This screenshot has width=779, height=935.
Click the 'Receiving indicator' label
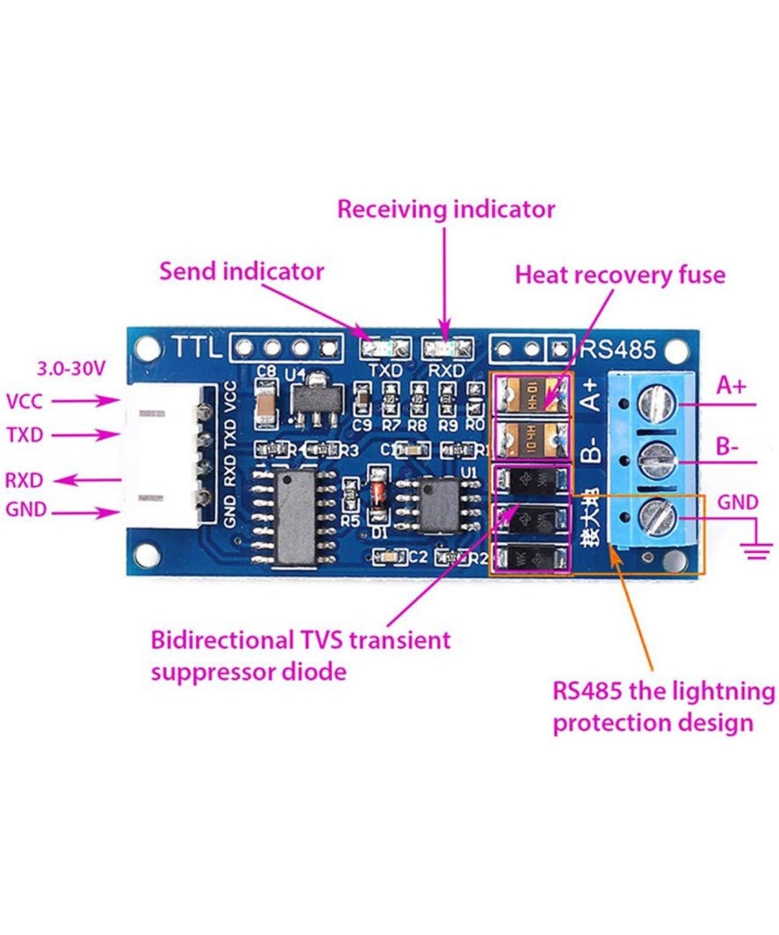click(x=446, y=210)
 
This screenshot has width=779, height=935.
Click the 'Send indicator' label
click(x=241, y=271)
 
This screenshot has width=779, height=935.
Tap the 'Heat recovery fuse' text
click(x=620, y=274)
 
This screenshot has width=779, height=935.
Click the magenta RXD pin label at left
click(x=24, y=479)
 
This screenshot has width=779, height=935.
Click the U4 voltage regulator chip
click(x=314, y=400)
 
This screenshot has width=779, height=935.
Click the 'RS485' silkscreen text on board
click(x=621, y=349)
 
